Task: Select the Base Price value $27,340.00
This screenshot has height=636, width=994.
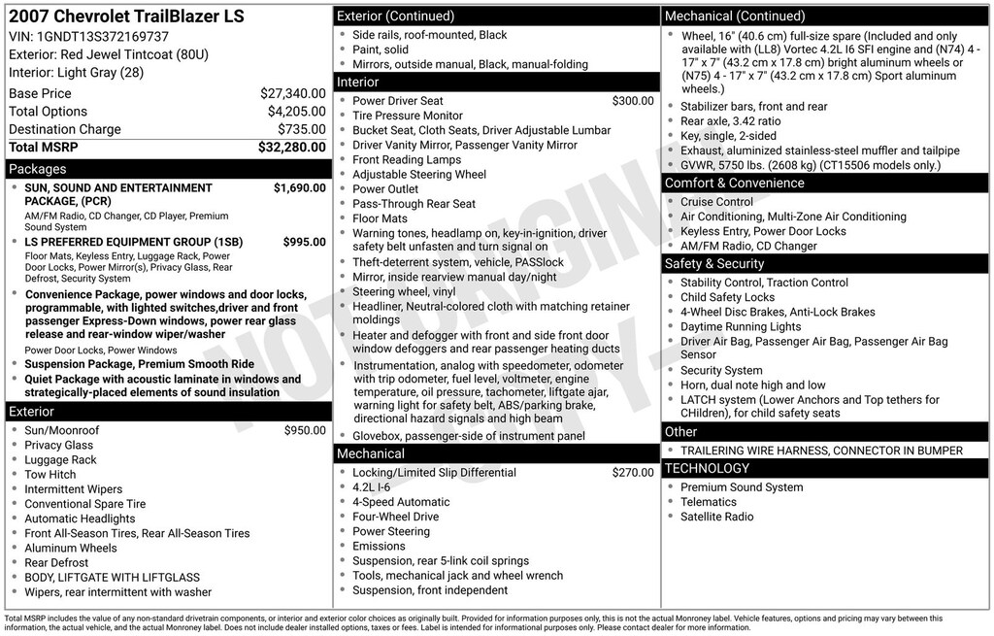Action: (292, 93)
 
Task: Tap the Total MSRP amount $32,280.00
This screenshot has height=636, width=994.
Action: (291, 148)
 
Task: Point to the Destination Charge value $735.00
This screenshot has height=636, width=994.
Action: (301, 129)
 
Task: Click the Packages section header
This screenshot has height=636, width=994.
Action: (38, 169)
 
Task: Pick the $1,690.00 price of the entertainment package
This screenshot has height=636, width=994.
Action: (299, 187)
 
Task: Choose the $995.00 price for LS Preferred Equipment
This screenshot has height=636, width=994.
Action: (304, 242)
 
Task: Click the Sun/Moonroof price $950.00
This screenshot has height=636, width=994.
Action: (305, 430)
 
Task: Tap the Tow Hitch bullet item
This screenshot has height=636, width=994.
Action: (50, 475)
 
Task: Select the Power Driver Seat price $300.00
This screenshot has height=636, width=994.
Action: (633, 101)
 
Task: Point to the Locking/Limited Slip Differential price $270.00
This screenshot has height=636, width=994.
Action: (633, 473)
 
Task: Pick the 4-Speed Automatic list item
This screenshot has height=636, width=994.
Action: (401, 502)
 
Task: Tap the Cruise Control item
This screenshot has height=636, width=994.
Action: (716, 202)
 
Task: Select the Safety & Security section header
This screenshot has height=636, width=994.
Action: (714, 263)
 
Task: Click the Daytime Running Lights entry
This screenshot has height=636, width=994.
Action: (741, 326)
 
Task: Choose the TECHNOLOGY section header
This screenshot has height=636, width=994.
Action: (707, 468)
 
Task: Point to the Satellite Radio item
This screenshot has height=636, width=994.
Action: (716, 517)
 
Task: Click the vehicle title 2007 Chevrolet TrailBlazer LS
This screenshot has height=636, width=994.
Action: (126, 17)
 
